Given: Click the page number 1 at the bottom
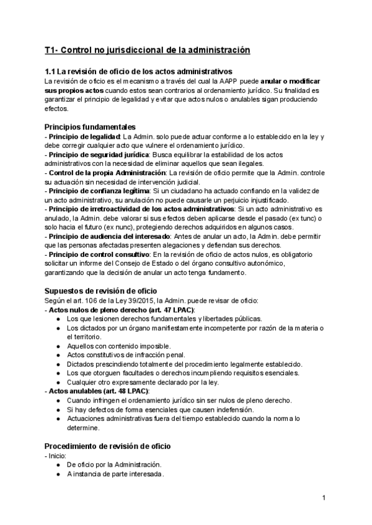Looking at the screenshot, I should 324,498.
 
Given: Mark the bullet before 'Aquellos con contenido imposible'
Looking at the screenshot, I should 58,346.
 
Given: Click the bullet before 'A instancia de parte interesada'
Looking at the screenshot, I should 58,474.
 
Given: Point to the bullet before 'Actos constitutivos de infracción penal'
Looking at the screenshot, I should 58,355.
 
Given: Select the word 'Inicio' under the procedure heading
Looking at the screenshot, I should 60,456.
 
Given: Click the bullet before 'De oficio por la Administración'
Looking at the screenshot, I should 58,465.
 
